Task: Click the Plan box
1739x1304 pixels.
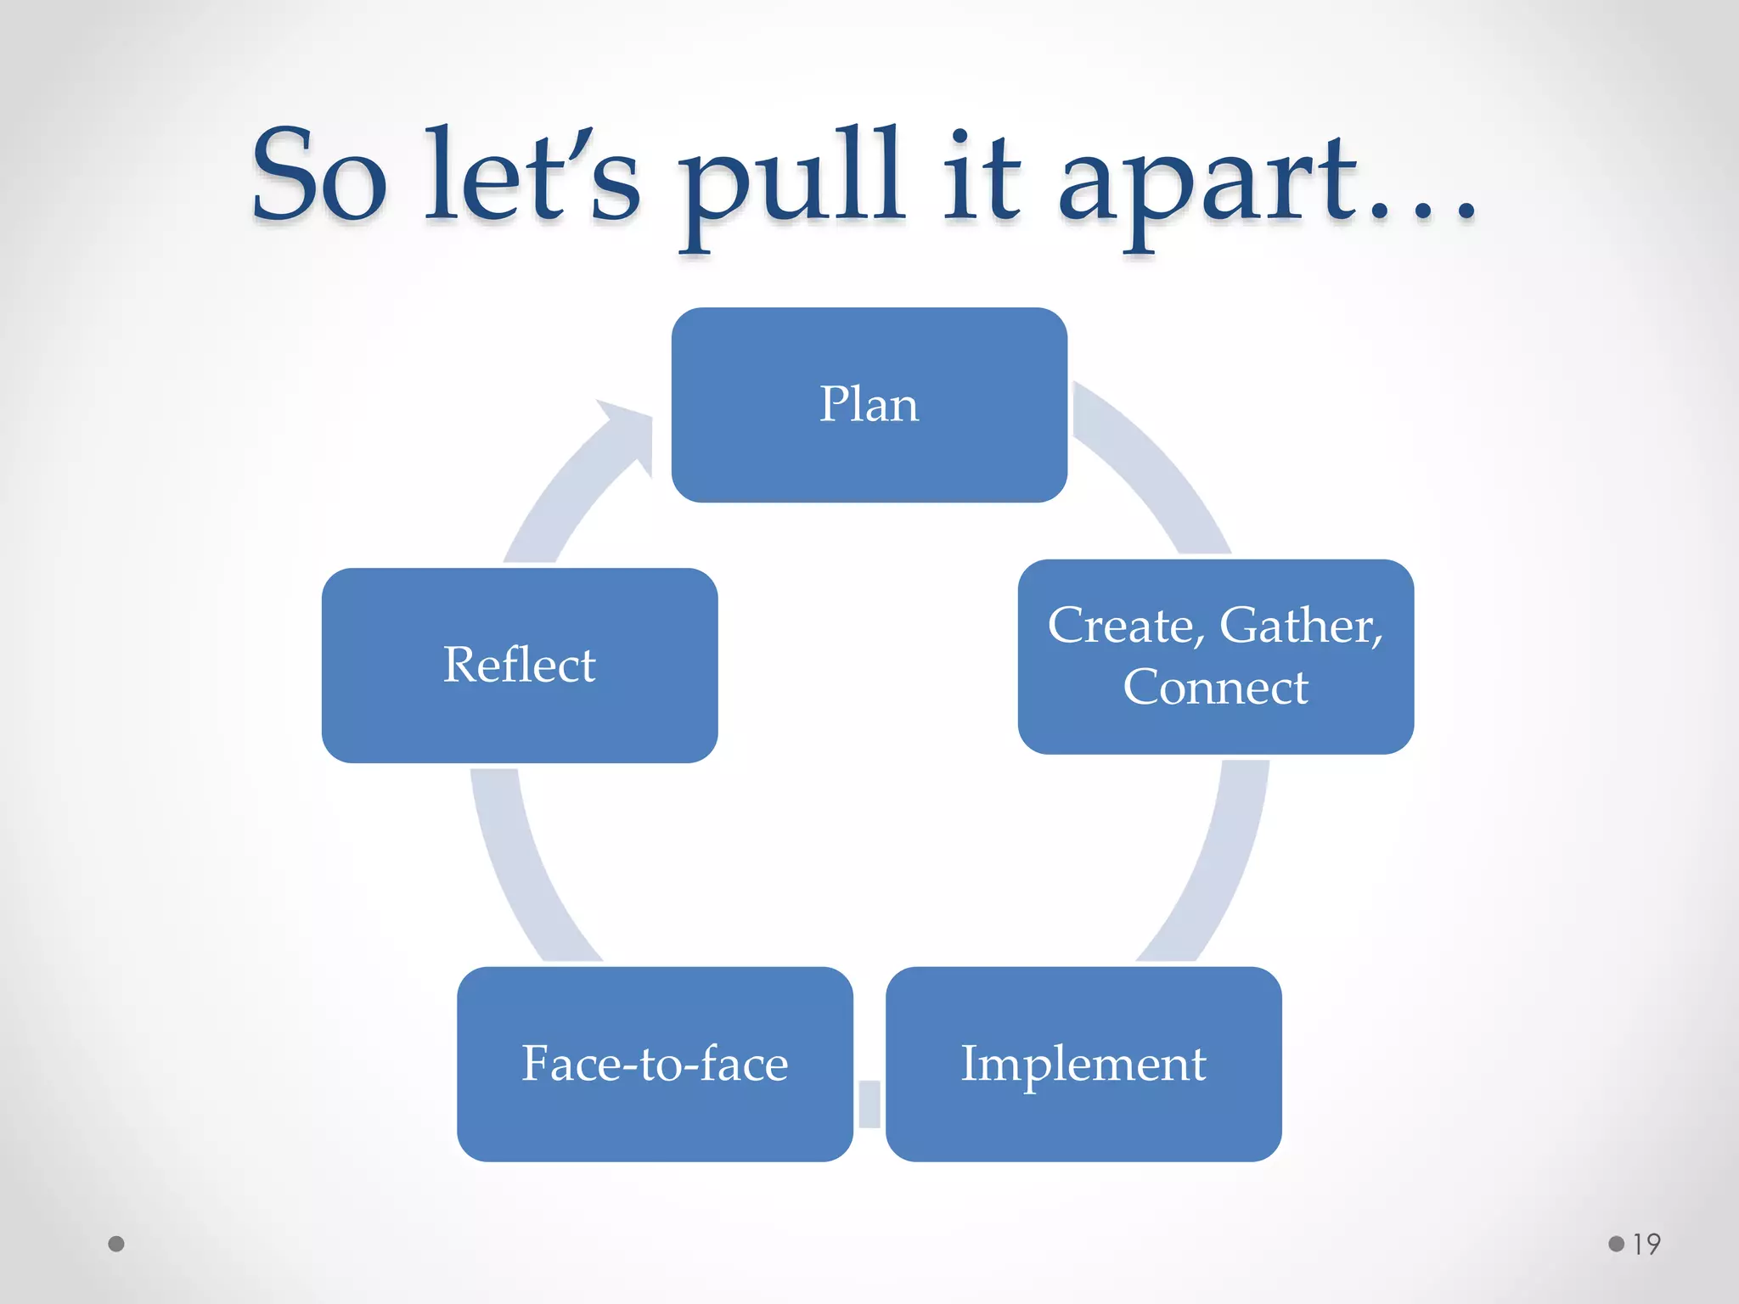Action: pyautogui.click(x=869, y=404)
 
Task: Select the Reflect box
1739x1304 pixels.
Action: pyautogui.click(x=519, y=665)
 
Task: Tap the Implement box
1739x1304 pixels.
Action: pyautogui.click(x=1083, y=1064)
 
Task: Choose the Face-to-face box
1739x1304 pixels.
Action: pyautogui.click(x=654, y=1064)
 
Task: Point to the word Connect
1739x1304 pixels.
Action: pyautogui.click(x=1215, y=688)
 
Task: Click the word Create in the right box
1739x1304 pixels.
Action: pyautogui.click(x=1121, y=627)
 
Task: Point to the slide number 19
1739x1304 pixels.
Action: pyautogui.click(x=1646, y=1245)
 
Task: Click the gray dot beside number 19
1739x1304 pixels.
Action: pyautogui.click(x=1616, y=1245)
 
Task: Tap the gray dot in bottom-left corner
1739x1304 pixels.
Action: pyautogui.click(x=116, y=1245)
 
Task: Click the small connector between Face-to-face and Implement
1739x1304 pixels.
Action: pyautogui.click(x=869, y=1103)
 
